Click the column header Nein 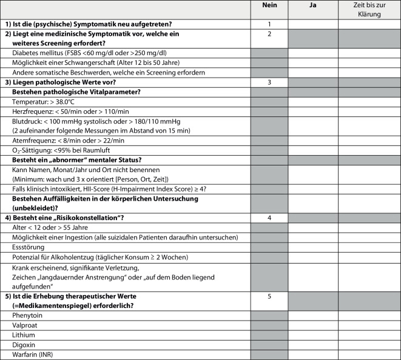click(269, 5)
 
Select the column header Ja click(313, 5)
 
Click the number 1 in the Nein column click(269, 24)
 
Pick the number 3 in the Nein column click(269, 81)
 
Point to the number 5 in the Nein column click(269, 297)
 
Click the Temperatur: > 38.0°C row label click(43, 101)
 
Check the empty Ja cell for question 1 click(313, 24)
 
